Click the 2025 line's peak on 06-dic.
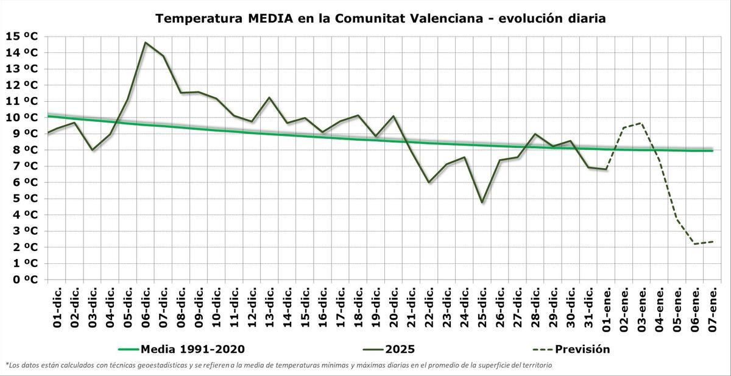(146, 43)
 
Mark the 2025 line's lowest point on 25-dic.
(482, 202)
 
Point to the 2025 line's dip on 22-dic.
(429, 182)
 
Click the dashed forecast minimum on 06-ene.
(694, 244)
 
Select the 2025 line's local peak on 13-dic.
(269, 98)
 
